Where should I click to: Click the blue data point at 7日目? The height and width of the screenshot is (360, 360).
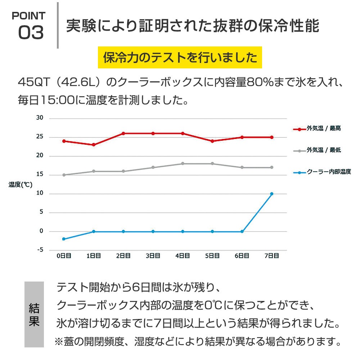(272, 194)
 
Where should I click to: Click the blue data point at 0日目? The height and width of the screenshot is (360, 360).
(64, 239)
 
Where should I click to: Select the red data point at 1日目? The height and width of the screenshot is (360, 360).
(94, 145)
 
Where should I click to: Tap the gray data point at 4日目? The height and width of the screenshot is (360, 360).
(183, 163)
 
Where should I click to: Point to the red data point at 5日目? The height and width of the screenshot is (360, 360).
(212, 141)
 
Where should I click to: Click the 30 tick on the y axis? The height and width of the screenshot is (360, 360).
(40, 118)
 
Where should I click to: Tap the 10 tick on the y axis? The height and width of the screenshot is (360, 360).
(40, 193)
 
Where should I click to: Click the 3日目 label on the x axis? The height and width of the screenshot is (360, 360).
(153, 256)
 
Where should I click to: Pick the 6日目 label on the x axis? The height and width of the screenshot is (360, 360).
(242, 256)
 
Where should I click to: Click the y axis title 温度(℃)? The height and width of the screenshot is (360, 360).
(21, 185)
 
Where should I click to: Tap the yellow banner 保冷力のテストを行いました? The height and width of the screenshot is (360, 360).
(180, 58)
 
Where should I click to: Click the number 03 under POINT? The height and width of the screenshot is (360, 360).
(31, 33)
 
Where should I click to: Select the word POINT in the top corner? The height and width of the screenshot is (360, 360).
(29, 15)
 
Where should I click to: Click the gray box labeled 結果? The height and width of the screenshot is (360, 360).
(34, 314)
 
